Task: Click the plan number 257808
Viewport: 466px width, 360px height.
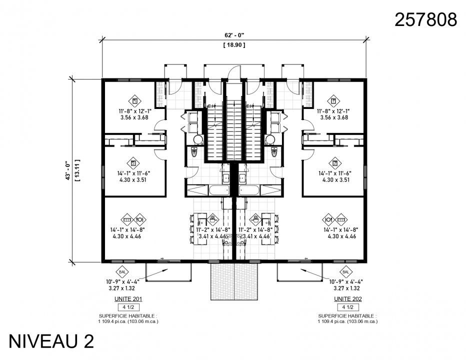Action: coord(425,19)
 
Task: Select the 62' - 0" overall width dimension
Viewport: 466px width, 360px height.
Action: coord(234,35)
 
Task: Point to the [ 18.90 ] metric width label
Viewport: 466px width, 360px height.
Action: coord(234,45)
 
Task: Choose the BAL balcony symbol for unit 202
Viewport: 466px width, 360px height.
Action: coord(345,271)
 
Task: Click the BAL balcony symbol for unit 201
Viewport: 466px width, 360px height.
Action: coord(122,271)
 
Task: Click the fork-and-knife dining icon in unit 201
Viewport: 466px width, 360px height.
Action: coord(140,219)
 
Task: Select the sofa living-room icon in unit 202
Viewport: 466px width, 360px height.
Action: coord(341,219)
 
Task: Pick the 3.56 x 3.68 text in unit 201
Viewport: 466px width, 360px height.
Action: coord(134,117)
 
